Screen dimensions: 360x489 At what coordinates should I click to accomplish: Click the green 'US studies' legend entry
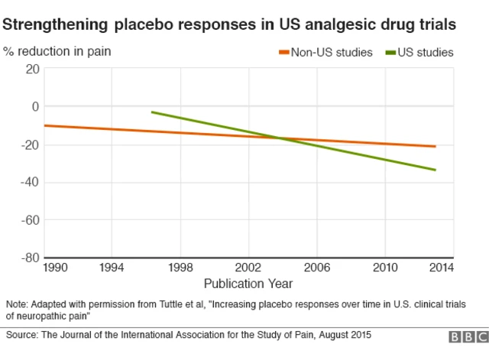tap(421, 53)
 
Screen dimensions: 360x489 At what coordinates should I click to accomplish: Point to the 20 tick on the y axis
tap(31, 69)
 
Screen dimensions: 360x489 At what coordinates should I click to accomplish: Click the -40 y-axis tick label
tap(29, 182)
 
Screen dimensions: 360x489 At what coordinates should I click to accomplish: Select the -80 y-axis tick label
tap(29, 258)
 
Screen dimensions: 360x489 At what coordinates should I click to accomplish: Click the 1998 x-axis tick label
tap(180, 268)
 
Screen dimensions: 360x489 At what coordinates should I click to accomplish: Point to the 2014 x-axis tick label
tap(441, 268)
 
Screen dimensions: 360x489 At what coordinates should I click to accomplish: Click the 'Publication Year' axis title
tap(248, 284)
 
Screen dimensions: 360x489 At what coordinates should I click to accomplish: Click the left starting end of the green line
tap(152, 112)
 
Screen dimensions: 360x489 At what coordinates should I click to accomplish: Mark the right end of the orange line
tap(436, 146)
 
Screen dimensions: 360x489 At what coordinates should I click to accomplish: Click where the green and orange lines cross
tap(280, 138)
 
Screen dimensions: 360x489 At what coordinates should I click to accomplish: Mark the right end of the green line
tap(436, 170)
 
